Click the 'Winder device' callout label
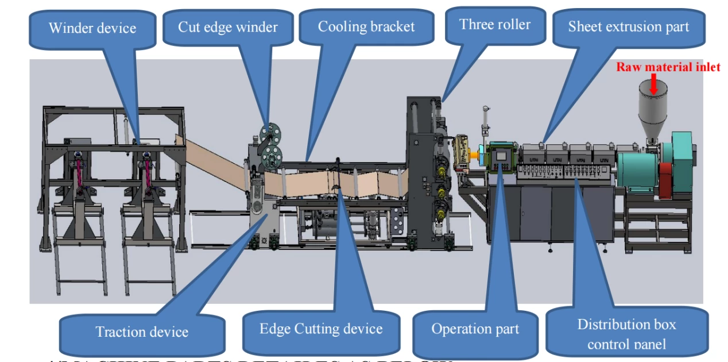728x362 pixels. (x=92, y=28)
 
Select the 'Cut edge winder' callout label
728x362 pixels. (x=227, y=27)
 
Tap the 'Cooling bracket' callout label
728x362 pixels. (x=366, y=26)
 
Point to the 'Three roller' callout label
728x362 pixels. (x=494, y=24)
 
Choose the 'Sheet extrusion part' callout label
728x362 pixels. (x=628, y=26)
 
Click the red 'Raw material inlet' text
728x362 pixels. (x=668, y=67)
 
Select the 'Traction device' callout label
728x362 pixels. (x=142, y=332)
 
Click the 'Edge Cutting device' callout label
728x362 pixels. (x=321, y=329)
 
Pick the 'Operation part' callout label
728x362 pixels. (x=475, y=329)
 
